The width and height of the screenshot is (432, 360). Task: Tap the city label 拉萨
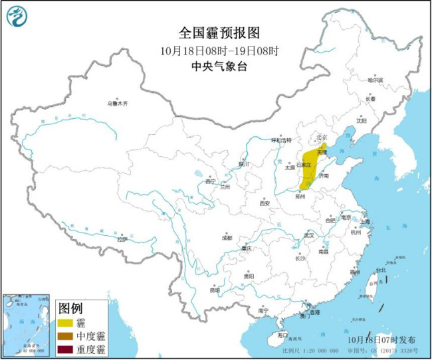pos(122,239)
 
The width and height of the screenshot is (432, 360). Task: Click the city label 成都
pos(227,237)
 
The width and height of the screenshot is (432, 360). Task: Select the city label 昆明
pos(213,290)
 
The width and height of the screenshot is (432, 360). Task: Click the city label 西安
pos(265,203)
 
